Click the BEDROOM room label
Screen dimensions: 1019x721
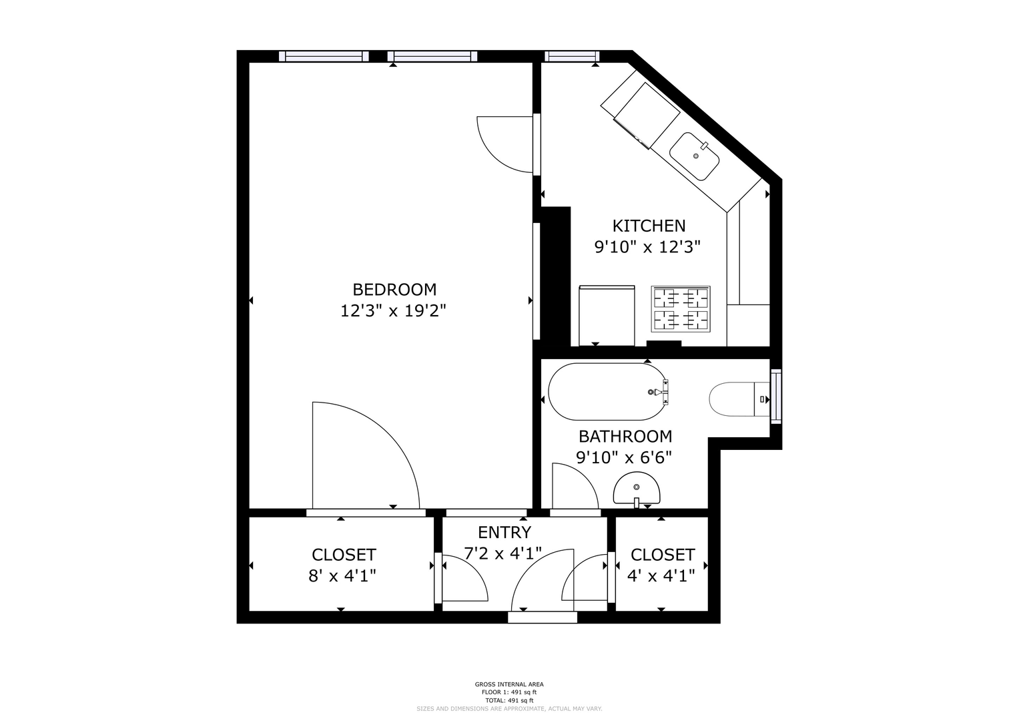point(394,290)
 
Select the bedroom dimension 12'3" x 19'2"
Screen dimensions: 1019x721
point(394,311)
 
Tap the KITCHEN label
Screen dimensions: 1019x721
point(649,226)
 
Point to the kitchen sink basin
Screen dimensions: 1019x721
point(695,156)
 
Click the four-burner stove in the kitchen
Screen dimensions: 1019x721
point(681,308)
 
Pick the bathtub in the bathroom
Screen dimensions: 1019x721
point(608,391)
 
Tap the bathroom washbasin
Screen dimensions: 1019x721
point(637,489)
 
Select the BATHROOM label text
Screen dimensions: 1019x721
point(625,437)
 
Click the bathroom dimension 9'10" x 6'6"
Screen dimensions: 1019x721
point(624,457)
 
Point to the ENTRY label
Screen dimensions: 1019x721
point(504,532)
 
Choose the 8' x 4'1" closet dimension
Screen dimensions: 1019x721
point(342,575)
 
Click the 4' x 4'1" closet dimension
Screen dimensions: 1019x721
point(661,576)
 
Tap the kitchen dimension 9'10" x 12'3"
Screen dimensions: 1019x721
point(647,247)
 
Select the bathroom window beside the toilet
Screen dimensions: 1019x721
point(776,397)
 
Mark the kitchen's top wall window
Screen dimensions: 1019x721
point(572,56)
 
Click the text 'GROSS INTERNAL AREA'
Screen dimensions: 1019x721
point(509,684)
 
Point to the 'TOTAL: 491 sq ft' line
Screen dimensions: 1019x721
point(509,700)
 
